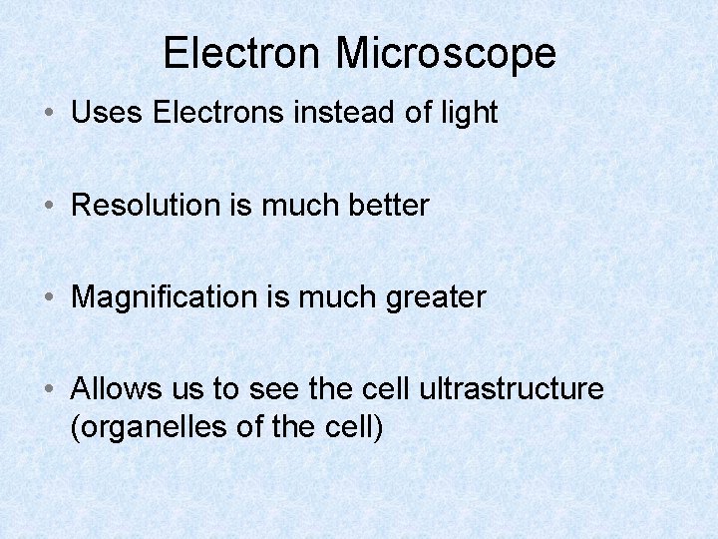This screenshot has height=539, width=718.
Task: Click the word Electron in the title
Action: (x=242, y=53)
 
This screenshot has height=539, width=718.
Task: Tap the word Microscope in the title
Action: (x=446, y=53)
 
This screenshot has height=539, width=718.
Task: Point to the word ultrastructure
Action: (x=512, y=389)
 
